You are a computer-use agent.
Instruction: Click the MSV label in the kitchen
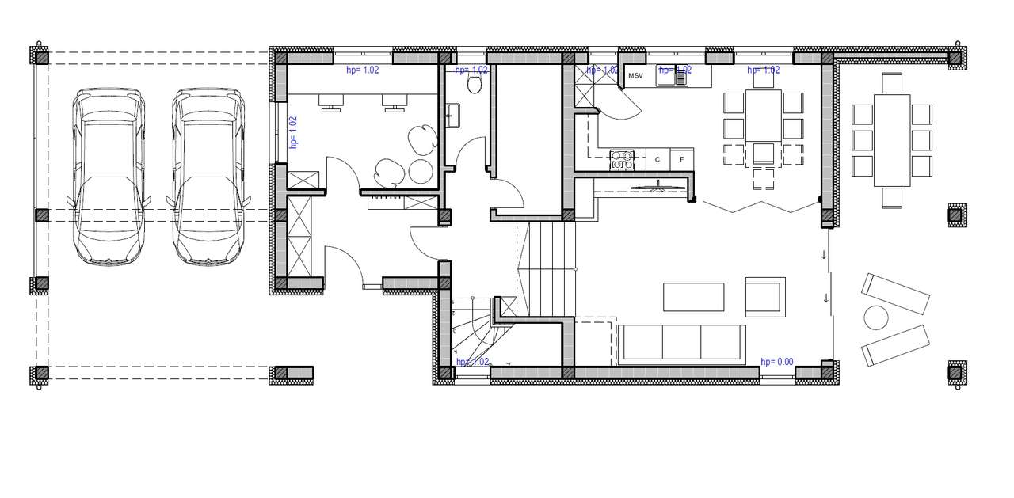(635, 76)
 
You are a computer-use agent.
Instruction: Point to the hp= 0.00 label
(776, 362)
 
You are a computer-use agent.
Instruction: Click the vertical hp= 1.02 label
(293, 132)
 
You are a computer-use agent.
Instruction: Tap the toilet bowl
(475, 86)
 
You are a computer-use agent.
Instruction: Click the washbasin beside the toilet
(452, 116)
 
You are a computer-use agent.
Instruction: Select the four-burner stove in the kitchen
(622, 160)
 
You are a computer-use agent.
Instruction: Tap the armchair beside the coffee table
(764, 296)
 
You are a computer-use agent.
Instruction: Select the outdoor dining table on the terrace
(891, 140)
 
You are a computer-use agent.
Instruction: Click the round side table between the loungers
(875, 317)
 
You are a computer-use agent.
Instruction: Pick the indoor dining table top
(763, 114)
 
